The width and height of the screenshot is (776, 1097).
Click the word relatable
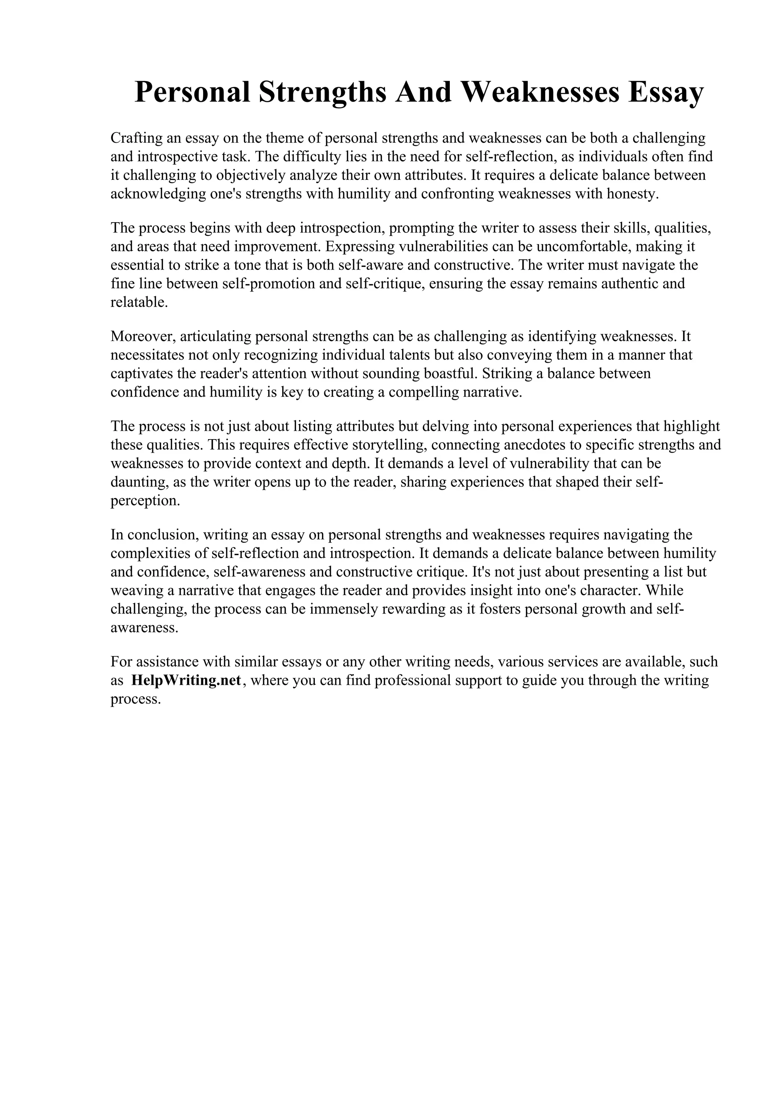pos(139,302)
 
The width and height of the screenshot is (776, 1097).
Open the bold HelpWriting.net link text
pos(187,680)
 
